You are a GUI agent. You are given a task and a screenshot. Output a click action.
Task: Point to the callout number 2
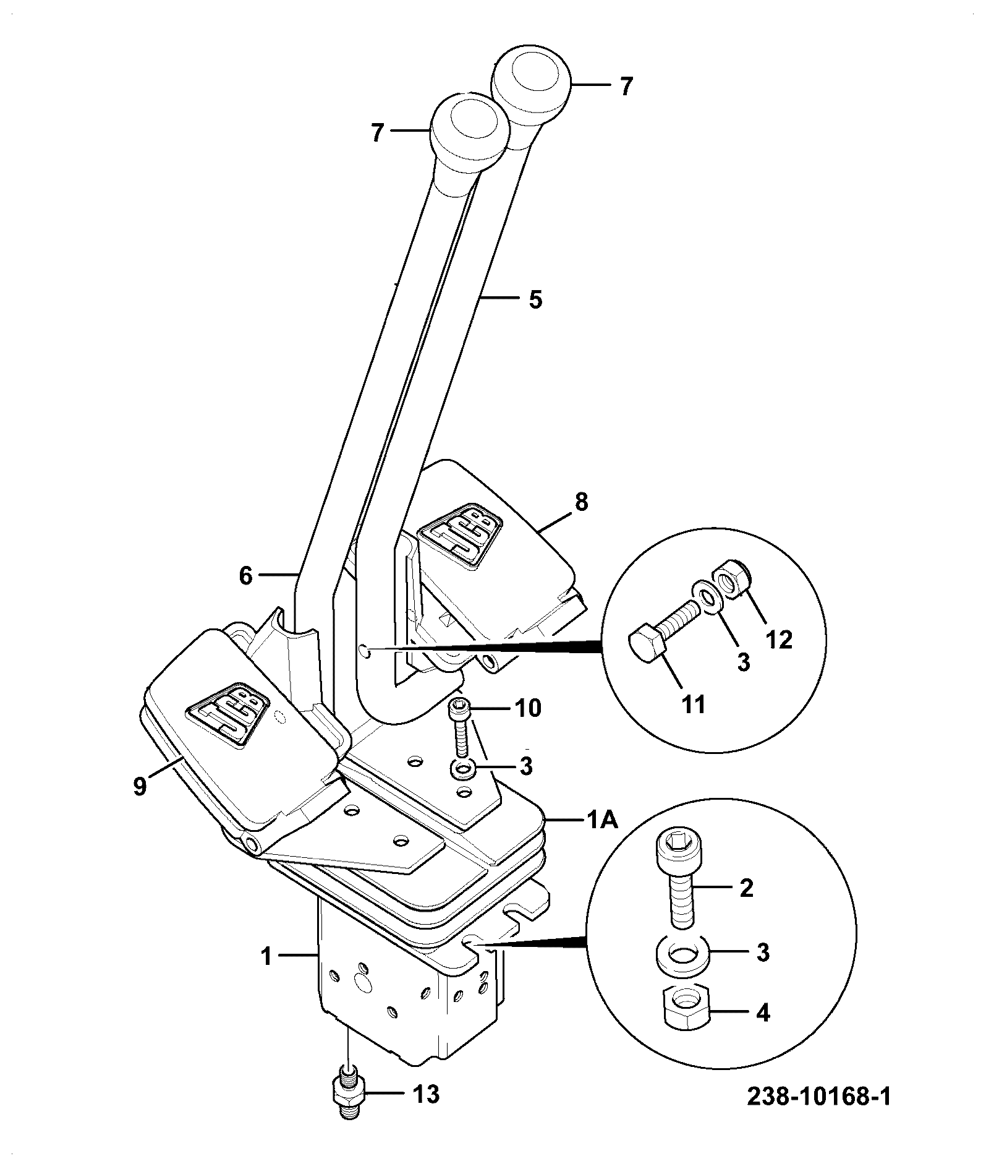click(x=746, y=888)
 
